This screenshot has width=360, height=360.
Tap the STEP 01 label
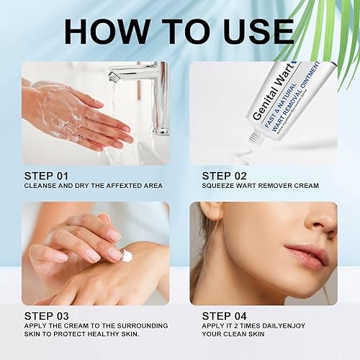coord(47,175)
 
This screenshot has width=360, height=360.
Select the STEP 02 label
coord(225,175)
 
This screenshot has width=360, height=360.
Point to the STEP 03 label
coord(47,315)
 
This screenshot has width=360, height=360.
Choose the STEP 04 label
coord(225,315)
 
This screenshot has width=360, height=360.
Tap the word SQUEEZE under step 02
coord(219,186)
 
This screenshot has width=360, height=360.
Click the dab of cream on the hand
coord(127,255)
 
